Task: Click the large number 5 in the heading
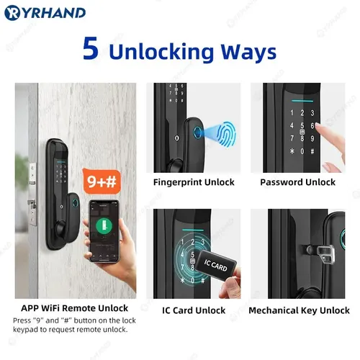tap(90, 51)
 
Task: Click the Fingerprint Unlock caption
tap(194, 182)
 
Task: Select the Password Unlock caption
tap(297, 182)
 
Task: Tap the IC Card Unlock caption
tap(194, 311)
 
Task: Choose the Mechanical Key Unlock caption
tap(298, 311)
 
